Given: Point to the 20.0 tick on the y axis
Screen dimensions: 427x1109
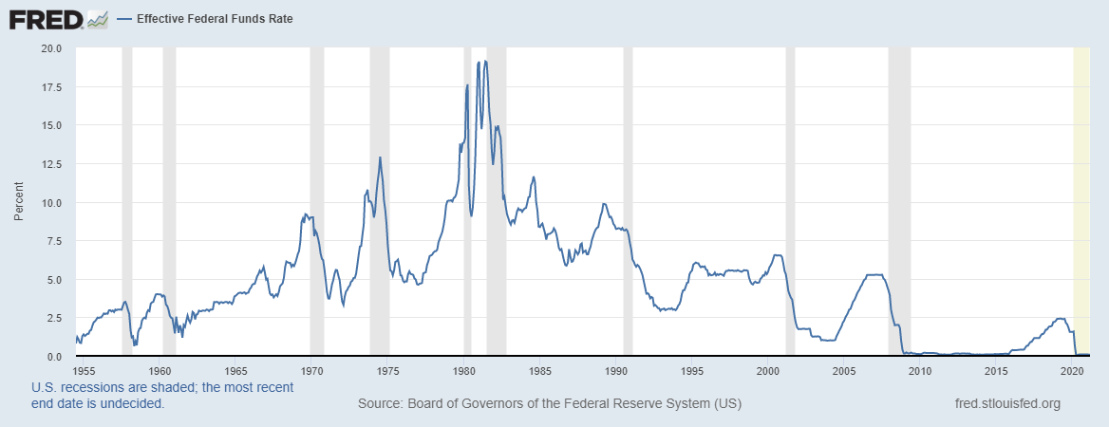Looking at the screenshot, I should pos(49,48).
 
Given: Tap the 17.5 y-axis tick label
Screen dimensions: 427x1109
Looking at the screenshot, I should pos(49,87).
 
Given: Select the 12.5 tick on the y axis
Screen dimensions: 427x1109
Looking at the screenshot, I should pos(49,164).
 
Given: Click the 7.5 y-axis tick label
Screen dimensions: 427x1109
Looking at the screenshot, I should pos(54,241).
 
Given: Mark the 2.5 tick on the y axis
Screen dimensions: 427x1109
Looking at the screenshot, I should pos(54,318).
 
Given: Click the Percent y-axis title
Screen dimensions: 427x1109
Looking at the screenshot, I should pos(17,202).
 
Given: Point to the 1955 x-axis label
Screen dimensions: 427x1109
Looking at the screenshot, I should pos(85,370).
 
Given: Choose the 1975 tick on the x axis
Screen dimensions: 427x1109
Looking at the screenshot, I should pos(388,370).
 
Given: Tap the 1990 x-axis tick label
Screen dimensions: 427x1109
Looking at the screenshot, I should pos(617,370).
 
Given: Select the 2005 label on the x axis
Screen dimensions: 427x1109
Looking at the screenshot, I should pos(844,370).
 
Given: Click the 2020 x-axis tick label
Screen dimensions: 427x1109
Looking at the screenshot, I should pos(1073,370).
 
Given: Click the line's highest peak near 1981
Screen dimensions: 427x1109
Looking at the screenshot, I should pos(486,62).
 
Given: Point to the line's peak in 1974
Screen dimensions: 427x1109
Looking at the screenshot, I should pos(380,158).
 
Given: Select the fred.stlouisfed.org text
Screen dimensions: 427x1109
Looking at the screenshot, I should pos(1006,404).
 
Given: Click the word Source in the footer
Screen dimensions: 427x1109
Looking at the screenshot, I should pos(380,404).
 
